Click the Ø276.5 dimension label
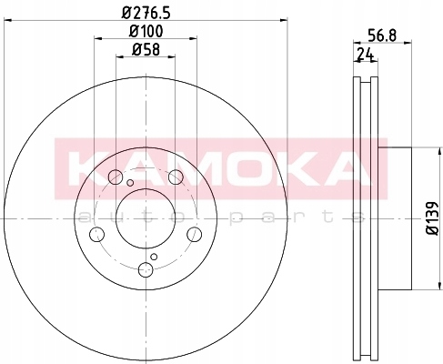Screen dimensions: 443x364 pos(146,13)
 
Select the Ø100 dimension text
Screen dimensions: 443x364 pos(146,31)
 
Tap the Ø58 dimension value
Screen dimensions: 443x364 pos(146,49)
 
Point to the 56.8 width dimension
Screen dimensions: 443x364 pos(382,35)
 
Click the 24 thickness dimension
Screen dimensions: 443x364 pos(366,55)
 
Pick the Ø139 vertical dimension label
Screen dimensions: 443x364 pos(432,218)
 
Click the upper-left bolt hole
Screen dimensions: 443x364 pos(116,177)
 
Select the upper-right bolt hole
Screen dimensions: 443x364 pos(176,177)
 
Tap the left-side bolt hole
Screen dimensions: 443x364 pos(97,235)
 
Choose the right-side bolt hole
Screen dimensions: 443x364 pos(194,235)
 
